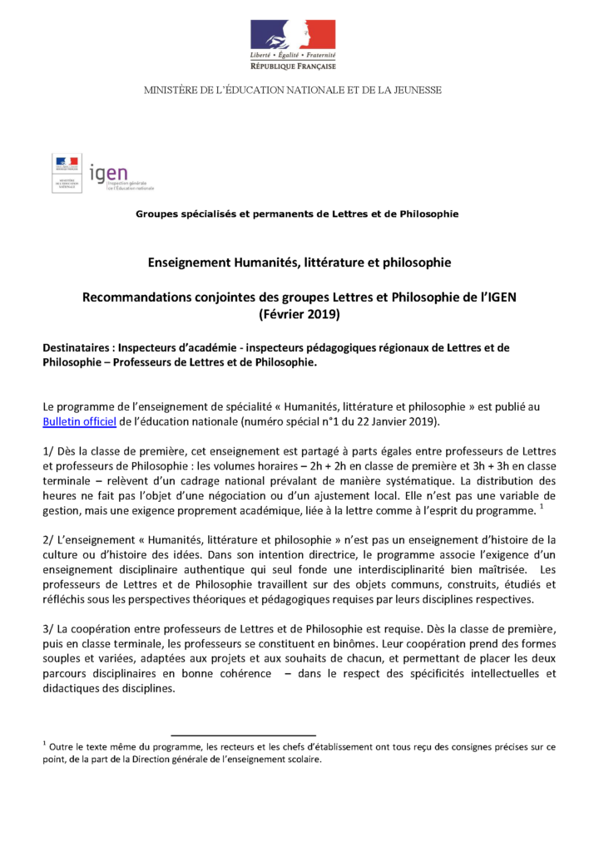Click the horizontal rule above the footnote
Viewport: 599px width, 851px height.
point(243,735)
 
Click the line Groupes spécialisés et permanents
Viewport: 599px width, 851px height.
point(297,214)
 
